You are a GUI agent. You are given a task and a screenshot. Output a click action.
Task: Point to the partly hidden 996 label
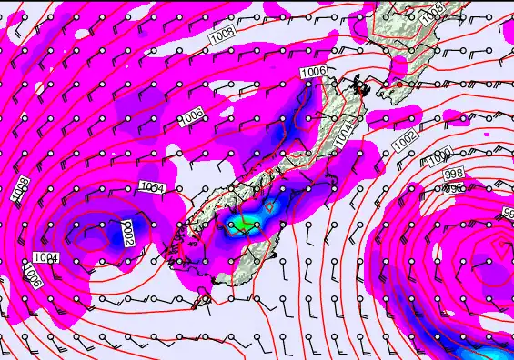[x=453, y=188]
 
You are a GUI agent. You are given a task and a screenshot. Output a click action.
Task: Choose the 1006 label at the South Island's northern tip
[x=313, y=71]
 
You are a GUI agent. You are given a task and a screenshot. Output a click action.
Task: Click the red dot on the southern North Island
[x=398, y=85]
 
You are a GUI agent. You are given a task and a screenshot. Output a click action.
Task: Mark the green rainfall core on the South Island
[x=242, y=224]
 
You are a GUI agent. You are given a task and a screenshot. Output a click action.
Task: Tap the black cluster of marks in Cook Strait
[x=361, y=87]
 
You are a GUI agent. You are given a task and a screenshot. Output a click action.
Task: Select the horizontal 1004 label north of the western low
[x=153, y=187]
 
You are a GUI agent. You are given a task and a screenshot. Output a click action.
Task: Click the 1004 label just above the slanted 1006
[x=45, y=258]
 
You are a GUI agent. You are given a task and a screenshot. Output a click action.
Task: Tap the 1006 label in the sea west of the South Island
[x=190, y=116]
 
